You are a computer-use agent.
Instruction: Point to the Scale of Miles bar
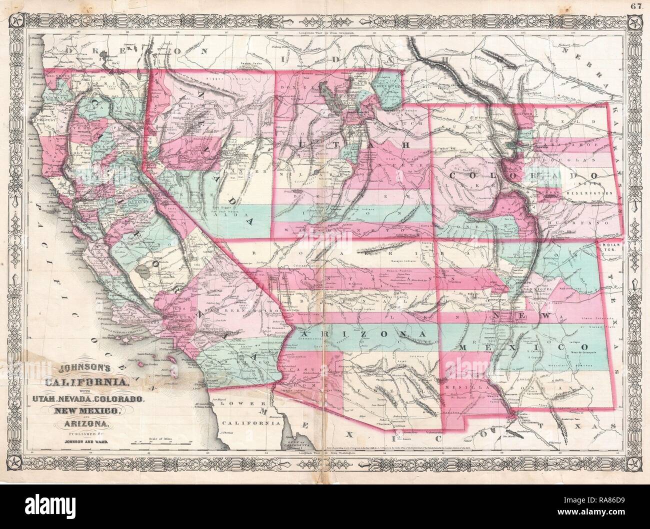pyautogui.click(x=170, y=441)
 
